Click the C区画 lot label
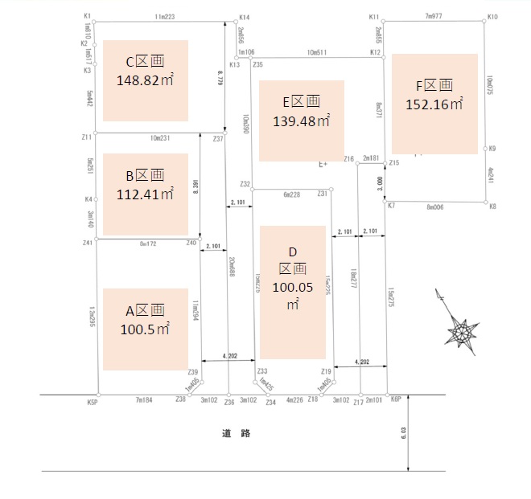(x=146, y=62)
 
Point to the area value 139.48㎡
(x=302, y=121)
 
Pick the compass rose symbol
(x=462, y=329)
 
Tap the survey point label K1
(x=87, y=16)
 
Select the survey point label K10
(x=492, y=16)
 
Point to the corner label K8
(x=492, y=207)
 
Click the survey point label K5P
(x=92, y=401)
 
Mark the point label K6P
(x=395, y=399)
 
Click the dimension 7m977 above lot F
(x=436, y=16)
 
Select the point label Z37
(x=218, y=139)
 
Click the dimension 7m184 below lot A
(x=144, y=400)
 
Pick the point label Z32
(x=245, y=184)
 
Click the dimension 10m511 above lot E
(x=317, y=52)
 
